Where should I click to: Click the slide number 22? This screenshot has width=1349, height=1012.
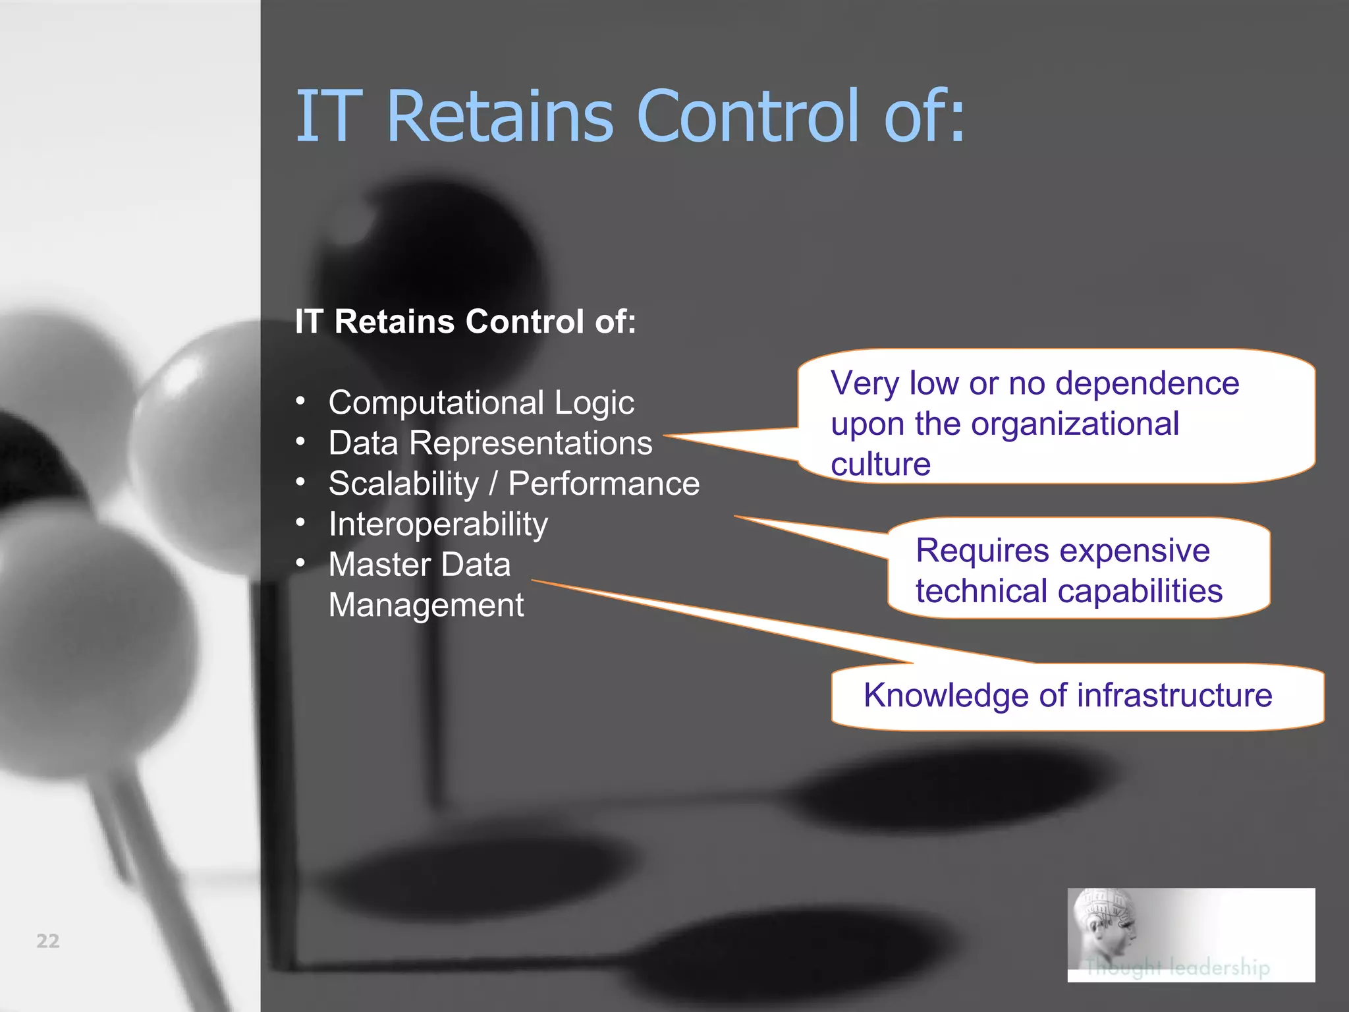point(47,941)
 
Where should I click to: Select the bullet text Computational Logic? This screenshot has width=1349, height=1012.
point(481,403)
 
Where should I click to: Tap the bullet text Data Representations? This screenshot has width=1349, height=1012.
point(490,443)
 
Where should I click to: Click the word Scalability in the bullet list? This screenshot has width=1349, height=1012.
point(403,484)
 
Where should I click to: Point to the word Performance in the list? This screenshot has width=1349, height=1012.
point(603,484)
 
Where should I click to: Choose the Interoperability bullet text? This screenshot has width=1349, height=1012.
point(438,524)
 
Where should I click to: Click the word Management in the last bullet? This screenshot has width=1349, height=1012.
point(426,605)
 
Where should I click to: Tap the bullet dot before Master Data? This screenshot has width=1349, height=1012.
point(300,563)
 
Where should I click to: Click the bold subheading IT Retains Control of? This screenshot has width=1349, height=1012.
point(465,322)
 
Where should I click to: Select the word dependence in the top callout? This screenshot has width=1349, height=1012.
point(1147,383)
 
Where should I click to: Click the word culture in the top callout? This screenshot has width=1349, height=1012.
point(880,464)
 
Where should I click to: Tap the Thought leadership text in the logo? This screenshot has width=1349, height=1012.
point(1177,967)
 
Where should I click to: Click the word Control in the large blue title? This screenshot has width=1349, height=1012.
point(748,117)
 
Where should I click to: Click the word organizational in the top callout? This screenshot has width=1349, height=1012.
point(1074,424)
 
